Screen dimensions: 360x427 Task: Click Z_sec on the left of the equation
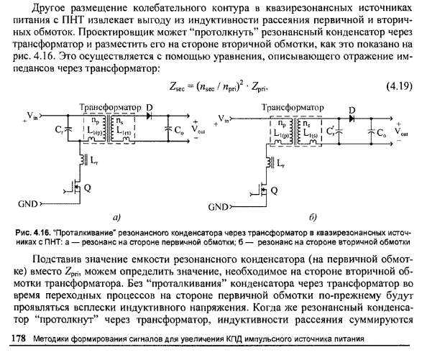[x=175, y=87]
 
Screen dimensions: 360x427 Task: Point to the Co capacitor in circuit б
[x=372, y=133]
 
